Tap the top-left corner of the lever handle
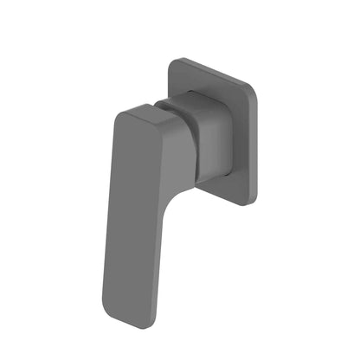point(117,113)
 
